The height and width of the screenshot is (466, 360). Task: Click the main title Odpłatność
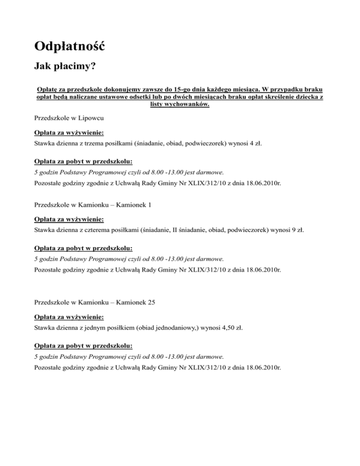pyautogui.click(x=69, y=47)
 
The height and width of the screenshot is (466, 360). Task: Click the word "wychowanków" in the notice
pyautogui.click(x=189, y=104)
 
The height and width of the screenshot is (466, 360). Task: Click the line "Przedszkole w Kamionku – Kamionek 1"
pyautogui.click(x=94, y=204)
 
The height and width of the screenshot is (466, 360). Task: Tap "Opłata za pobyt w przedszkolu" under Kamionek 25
pyautogui.click(x=83, y=346)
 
